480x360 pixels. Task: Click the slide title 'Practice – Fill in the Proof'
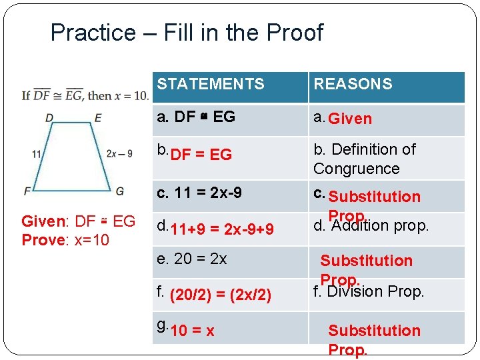[187, 32]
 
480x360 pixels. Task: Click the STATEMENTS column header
[211, 84]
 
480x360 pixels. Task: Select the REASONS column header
[353, 84]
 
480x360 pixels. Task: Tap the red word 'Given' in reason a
[350, 119]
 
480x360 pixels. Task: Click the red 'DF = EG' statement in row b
[201, 155]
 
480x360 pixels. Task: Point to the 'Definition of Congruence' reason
[364, 159]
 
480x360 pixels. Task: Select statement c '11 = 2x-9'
[199, 193]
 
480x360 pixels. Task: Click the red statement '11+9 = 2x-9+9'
[222, 230]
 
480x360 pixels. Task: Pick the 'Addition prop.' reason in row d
[371, 226]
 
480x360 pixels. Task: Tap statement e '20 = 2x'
[191, 259]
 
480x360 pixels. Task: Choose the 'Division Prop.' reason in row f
[369, 291]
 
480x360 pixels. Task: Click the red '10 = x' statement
[193, 331]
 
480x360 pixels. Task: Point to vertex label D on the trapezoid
[49, 118]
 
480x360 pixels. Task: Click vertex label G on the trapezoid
[119, 191]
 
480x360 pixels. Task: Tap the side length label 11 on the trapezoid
[37, 154]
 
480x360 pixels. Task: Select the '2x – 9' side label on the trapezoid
[120, 154]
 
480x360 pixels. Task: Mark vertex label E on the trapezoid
[98, 118]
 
